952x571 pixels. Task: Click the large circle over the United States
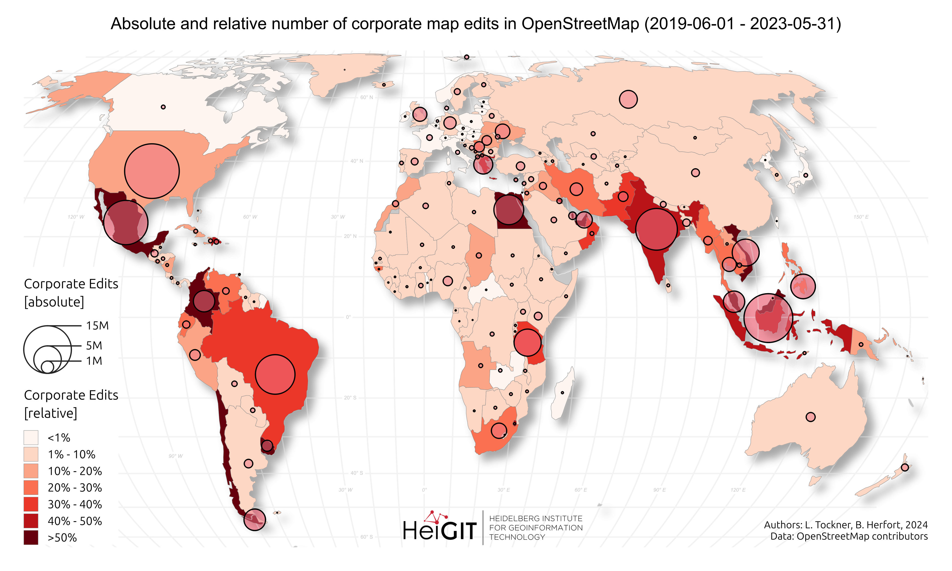(152, 171)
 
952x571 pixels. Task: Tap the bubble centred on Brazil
(275, 374)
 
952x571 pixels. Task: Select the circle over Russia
(628, 99)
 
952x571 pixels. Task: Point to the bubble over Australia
(810, 417)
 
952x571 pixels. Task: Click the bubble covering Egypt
(509, 210)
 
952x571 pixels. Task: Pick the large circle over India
(656, 229)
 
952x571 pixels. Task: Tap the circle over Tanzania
(527, 342)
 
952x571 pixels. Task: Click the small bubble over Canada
(163, 107)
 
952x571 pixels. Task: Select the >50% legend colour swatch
(31, 537)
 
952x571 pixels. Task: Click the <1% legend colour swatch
(31, 438)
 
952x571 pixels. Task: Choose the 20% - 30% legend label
(75, 488)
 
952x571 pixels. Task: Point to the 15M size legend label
(97, 326)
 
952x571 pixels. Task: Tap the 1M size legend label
(94, 361)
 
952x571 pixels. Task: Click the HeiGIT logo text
(440, 530)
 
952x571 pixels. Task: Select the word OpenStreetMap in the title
(580, 24)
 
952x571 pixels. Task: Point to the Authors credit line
(845, 525)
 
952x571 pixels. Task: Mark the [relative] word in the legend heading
(50, 413)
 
